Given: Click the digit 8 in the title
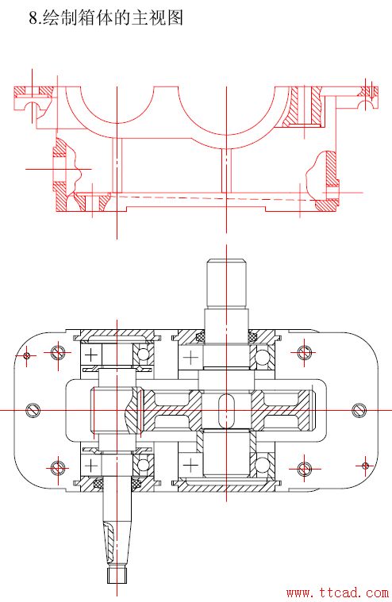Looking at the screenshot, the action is pos(34,18).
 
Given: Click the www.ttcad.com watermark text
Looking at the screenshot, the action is pos(337,593).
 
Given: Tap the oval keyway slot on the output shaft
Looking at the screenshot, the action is pos(226,410).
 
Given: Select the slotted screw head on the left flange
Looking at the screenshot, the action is pos(33,410).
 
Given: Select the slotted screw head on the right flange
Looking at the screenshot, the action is pos(359,410).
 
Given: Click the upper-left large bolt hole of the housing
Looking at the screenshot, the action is pos(58,352).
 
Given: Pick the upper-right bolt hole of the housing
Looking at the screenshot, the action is pos(304,351).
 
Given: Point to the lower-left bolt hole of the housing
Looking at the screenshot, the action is pos(58,468).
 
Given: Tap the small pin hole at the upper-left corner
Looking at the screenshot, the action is pos(26,355).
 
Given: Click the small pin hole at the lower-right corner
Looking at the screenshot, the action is pos(365,466).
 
